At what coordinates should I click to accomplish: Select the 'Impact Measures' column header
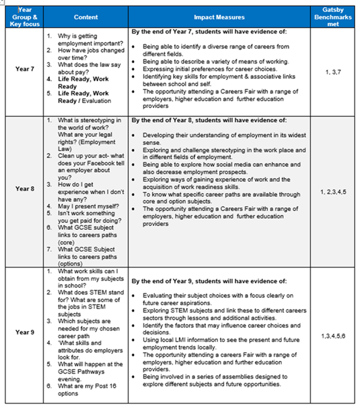tap(219, 17)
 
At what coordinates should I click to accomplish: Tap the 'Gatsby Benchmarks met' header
tap(336, 17)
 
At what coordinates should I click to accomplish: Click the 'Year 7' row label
tap(24, 69)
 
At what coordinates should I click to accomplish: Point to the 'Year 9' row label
tap(24, 332)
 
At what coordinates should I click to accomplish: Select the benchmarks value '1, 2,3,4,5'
tap(336, 192)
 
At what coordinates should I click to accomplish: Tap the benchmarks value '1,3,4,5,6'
tap(336, 336)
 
